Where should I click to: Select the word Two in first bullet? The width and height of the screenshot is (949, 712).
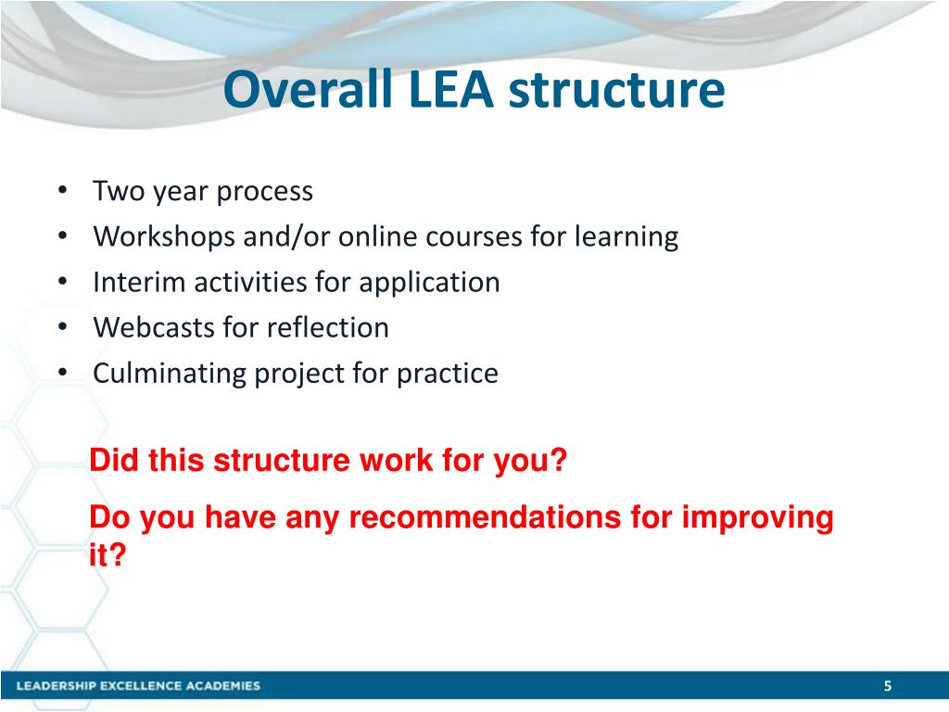[x=115, y=192]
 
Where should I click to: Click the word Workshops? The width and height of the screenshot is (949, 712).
[x=165, y=237]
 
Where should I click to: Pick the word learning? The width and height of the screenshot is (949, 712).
[x=626, y=237]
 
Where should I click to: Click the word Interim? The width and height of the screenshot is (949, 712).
[x=140, y=283]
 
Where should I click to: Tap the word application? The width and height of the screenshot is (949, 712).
[x=429, y=283]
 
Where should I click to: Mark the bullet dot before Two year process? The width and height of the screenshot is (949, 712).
[x=61, y=192]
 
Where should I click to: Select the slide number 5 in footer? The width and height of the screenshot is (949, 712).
[x=887, y=686]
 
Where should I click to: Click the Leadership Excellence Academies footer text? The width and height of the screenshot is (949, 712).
[x=139, y=686]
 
